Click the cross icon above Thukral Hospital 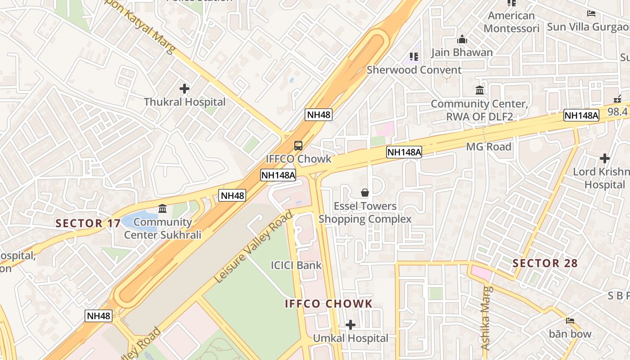click(x=184, y=89)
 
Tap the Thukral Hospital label click(x=184, y=102)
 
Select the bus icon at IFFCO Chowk click(x=298, y=146)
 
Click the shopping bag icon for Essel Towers click(x=365, y=193)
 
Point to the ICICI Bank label click(x=296, y=265)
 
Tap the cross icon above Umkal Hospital click(x=351, y=325)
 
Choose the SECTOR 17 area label click(x=88, y=223)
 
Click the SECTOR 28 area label click(x=545, y=263)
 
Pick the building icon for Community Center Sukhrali click(x=162, y=209)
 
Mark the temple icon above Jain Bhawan click(x=462, y=40)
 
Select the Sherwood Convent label click(x=414, y=70)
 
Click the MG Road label click(x=489, y=147)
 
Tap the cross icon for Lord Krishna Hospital click(x=605, y=158)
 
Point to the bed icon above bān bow click(x=570, y=321)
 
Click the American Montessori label click(x=512, y=22)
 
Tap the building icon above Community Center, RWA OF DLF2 click(x=480, y=90)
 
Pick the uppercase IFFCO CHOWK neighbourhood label click(x=328, y=304)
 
